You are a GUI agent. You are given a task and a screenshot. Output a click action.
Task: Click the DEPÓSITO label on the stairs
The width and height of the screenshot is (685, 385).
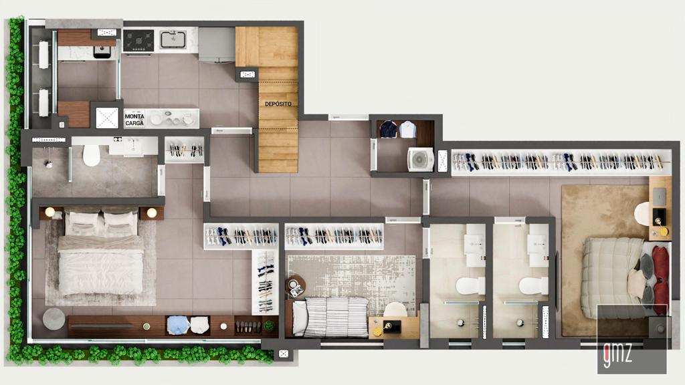pyautogui.click(x=278, y=104)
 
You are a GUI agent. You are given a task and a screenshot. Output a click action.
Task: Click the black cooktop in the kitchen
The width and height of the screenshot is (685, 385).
pyautogui.click(x=138, y=40)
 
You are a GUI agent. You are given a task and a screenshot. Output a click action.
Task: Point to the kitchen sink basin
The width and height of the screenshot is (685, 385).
pyautogui.click(x=173, y=39)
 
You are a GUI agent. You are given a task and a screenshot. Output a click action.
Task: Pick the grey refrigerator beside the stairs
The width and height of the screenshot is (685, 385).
pyautogui.click(x=216, y=44)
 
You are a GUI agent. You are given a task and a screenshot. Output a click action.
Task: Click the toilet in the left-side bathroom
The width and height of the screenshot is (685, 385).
pyautogui.click(x=91, y=155)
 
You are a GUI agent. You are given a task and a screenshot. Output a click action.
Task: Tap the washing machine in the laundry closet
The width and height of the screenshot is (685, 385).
pyautogui.click(x=420, y=160)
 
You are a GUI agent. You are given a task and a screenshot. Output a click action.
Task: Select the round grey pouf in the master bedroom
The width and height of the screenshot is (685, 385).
pyautogui.click(x=54, y=318)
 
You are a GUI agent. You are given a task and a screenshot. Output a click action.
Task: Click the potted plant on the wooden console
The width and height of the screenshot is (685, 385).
pyautogui.click(x=269, y=326)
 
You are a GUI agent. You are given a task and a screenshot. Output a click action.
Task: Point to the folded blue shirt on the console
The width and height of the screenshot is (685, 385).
pyautogui.click(x=178, y=325)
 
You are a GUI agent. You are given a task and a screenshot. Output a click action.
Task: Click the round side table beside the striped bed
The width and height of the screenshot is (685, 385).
pyautogui.click(x=295, y=286)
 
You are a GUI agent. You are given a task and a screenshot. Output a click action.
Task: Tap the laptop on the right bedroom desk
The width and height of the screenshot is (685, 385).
pyautogui.click(x=659, y=195)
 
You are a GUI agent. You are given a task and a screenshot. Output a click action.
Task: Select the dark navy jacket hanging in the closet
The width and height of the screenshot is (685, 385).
pyautogui.click(x=389, y=129)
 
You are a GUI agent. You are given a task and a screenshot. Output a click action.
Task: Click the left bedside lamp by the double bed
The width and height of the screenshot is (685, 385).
pyautogui.click(x=50, y=213)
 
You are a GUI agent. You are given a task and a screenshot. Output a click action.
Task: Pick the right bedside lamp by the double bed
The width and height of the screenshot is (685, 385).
pyautogui.click(x=152, y=213)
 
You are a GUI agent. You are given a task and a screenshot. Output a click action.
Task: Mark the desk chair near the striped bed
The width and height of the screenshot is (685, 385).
pyautogui.click(x=395, y=310)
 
